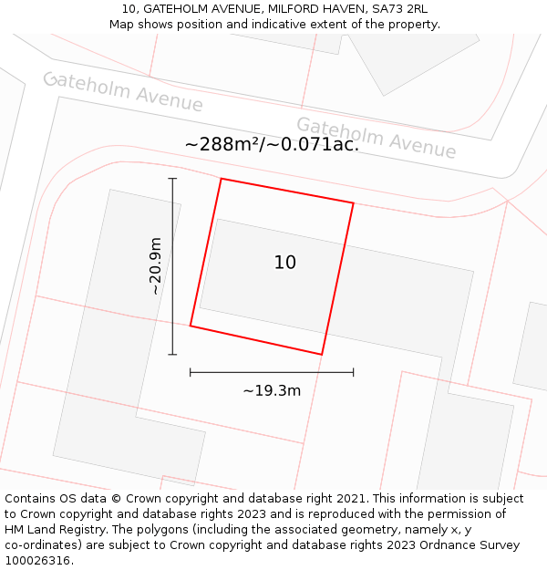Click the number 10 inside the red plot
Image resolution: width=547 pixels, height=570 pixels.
click(x=284, y=263)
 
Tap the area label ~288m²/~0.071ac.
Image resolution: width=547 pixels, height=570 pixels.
click(x=272, y=144)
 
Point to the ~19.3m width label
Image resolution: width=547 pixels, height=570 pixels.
click(x=272, y=390)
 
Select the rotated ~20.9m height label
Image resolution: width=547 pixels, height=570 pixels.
click(x=156, y=265)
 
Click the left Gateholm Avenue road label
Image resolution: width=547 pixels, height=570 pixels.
click(x=123, y=91)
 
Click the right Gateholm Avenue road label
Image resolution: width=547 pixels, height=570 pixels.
click(x=376, y=137)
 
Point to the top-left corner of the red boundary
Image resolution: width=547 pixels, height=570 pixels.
click(x=222, y=179)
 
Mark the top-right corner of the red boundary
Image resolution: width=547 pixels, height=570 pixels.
click(x=353, y=202)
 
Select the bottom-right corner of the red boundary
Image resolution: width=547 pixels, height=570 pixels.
click(x=322, y=354)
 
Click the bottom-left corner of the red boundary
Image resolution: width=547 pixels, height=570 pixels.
click(x=191, y=325)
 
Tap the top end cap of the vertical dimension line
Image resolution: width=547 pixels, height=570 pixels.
click(x=172, y=179)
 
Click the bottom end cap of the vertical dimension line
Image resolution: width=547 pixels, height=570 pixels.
click(x=172, y=354)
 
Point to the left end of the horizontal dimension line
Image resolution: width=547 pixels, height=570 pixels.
click(x=191, y=372)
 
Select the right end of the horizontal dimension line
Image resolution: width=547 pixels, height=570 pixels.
click(x=353, y=372)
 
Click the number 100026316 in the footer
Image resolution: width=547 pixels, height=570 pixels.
click(x=36, y=561)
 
